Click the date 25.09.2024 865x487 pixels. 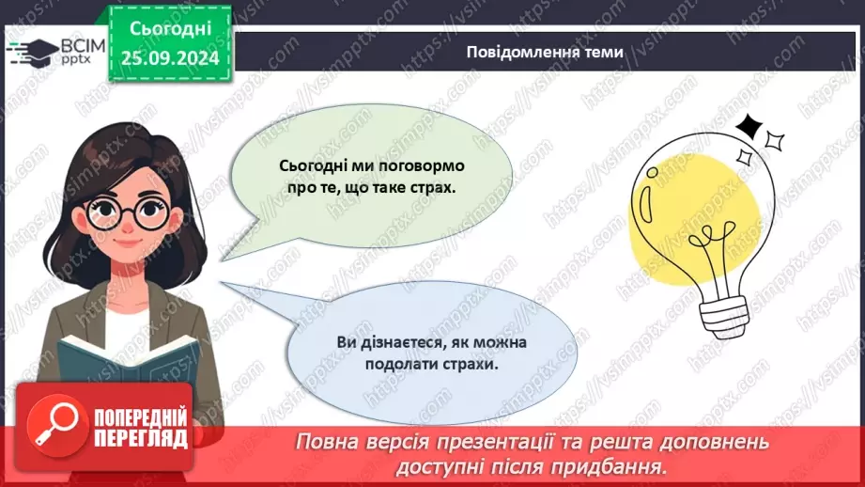[x=169, y=60]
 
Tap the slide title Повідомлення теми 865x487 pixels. [x=544, y=52]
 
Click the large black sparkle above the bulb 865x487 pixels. [x=749, y=126]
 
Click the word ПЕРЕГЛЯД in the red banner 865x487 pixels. [x=141, y=439]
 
